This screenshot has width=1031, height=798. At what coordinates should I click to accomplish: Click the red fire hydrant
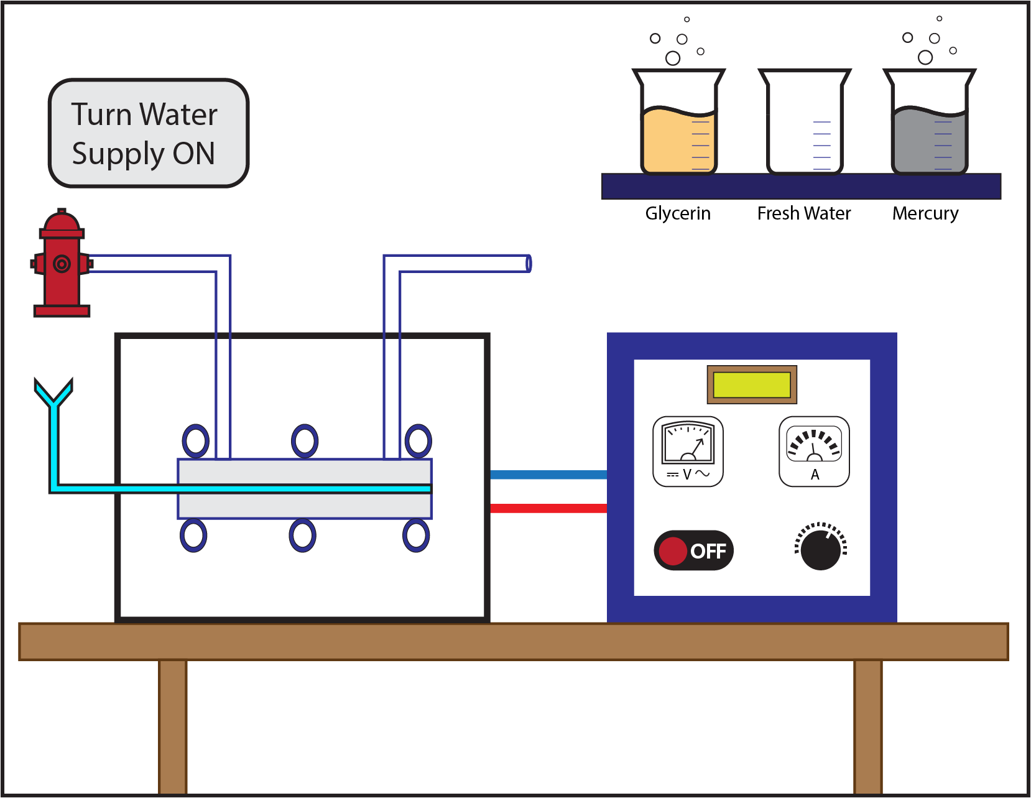click(x=61, y=264)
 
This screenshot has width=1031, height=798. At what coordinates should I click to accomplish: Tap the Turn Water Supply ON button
click(x=148, y=133)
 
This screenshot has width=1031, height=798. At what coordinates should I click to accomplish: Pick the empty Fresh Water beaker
click(x=804, y=124)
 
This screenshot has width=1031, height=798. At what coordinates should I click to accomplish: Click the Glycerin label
click(x=677, y=213)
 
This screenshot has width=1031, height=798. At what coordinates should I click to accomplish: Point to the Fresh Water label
click(x=803, y=213)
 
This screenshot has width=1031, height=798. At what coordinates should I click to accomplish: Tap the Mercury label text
click(x=925, y=213)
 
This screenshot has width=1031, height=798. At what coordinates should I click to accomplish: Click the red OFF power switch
click(x=693, y=550)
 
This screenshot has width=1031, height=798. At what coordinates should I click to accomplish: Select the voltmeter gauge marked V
click(x=688, y=451)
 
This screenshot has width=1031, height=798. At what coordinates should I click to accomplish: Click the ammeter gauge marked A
click(x=814, y=451)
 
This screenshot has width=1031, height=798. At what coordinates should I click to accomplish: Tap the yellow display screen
click(x=752, y=384)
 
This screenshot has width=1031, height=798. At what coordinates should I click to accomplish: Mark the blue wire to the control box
click(x=548, y=475)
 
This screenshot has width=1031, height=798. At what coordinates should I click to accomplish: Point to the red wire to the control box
click(x=548, y=508)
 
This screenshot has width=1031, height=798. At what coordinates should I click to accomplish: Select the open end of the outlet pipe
click(x=528, y=263)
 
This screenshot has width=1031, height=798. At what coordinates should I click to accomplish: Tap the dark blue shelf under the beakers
click(x=801, y=187)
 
